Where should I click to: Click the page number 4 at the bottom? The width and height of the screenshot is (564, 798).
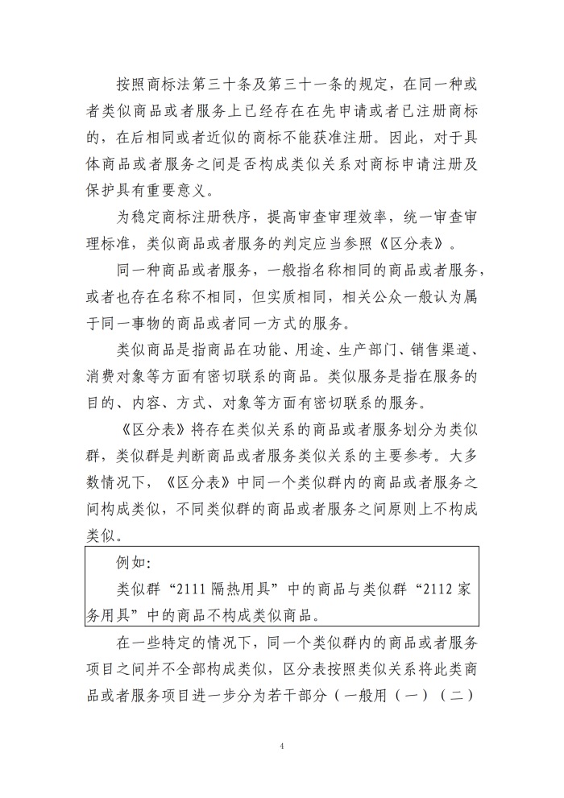click(283, 746)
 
